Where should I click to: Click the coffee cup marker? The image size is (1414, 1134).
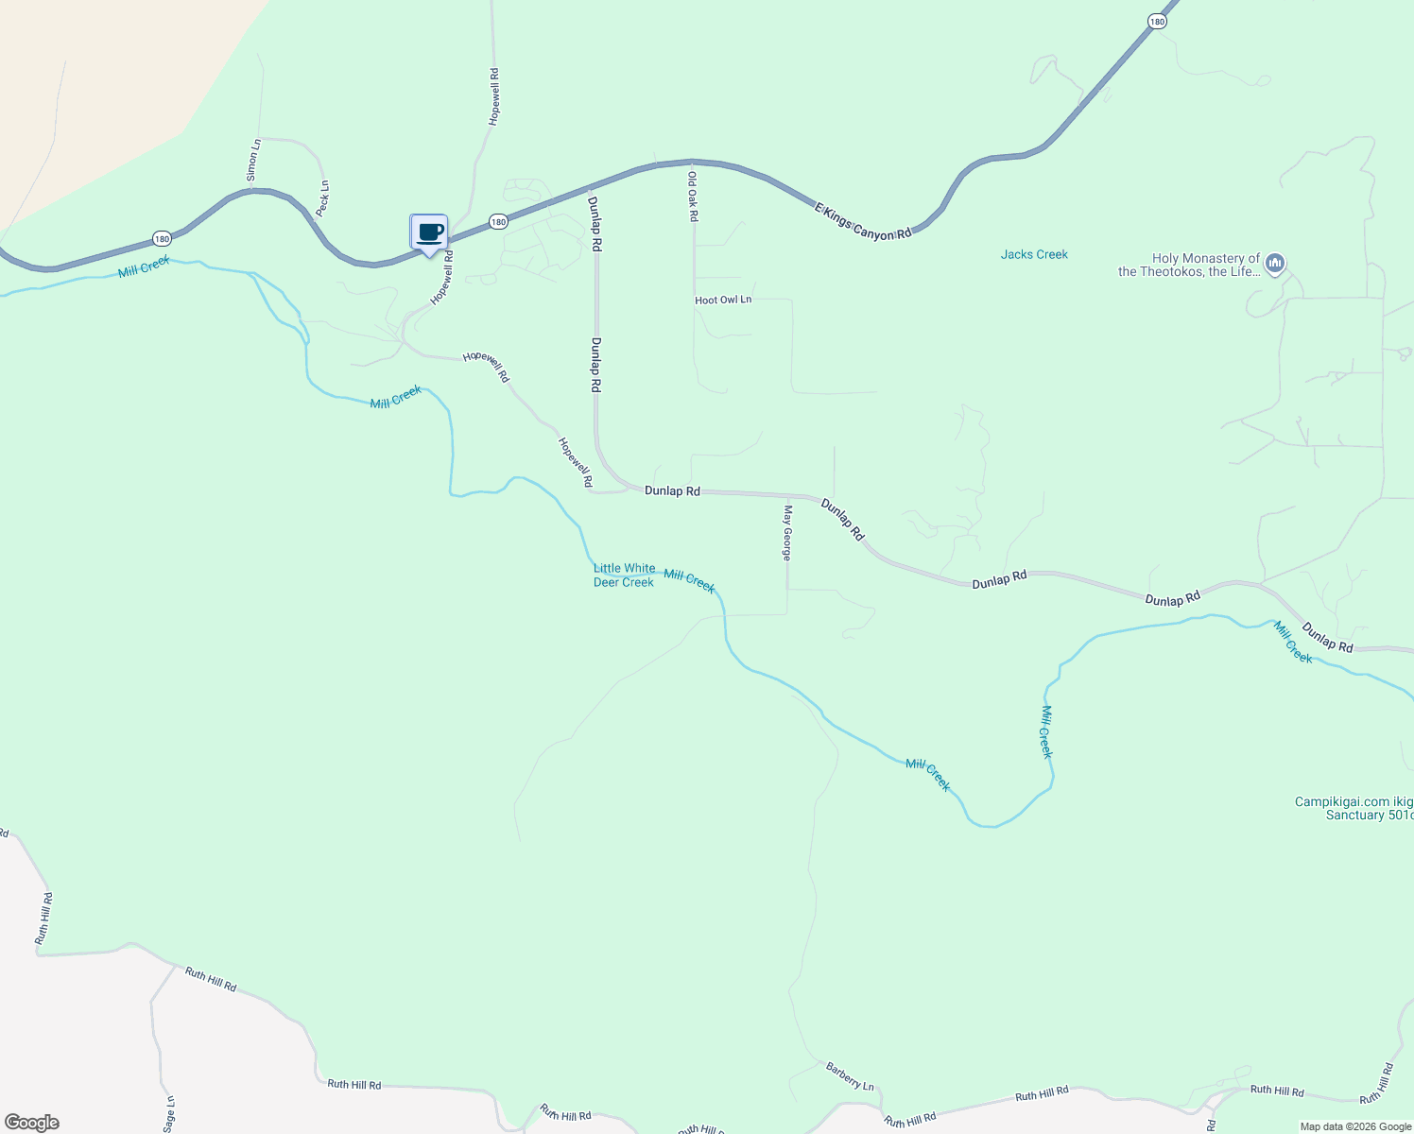pos(429,232)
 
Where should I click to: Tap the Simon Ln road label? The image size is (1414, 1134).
pos(253,160)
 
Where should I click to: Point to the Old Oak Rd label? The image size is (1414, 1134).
pos(693,196)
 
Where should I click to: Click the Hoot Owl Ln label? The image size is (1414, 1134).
pos(723,300)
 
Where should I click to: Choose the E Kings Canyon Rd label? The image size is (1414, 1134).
pos(863,219)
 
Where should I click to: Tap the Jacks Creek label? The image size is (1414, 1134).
pos(1034,254)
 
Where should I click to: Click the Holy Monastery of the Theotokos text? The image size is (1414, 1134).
pos(1189,265)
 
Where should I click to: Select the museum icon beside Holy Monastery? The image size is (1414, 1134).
pos(1274,262)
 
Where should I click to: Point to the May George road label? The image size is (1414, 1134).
pos(786,533)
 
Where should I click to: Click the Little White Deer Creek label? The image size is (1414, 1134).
pos(624,576)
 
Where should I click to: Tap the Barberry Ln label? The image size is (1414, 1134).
pos(850,1075)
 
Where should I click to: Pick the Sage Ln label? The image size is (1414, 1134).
pos(169,1113)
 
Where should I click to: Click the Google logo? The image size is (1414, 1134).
pos(31,1123)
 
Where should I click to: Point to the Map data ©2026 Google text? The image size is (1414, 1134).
pos(1355,1126)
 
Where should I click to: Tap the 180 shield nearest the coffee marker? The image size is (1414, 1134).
pos(499,221)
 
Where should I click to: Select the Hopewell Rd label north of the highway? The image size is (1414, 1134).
pos(493,96)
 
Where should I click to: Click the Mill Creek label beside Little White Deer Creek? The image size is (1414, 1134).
pos(689,580)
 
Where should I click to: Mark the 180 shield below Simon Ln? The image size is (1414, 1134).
pos(162,239)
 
